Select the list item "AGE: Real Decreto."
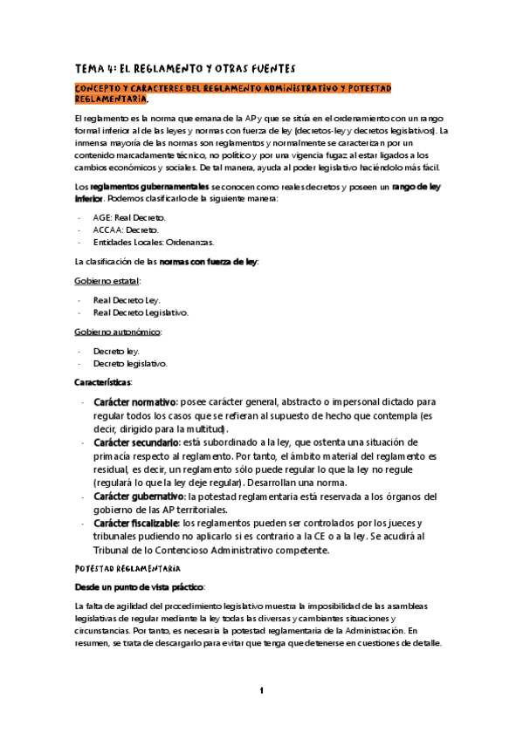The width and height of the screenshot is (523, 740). tap(128, 216)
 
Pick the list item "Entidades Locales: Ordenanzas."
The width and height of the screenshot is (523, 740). tap(147, 242)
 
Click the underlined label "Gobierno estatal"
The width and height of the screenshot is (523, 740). tap(107, 281)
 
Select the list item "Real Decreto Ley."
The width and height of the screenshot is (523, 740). tap(127, 299)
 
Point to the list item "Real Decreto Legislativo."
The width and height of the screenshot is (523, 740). tap(140, 312)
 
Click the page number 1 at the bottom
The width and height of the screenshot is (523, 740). tap(261, 691)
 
